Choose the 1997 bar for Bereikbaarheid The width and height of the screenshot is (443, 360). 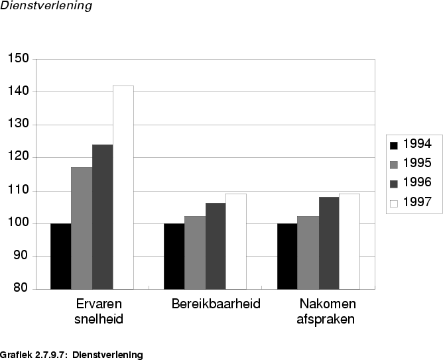(x=236, y=241)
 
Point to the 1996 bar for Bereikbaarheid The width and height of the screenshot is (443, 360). (x=216, y=245)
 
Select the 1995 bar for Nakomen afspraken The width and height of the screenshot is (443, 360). (x=308, y=253)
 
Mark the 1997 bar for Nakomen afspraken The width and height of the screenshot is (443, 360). (x=349, y=241)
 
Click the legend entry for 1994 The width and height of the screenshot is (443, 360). (x=411, y=144)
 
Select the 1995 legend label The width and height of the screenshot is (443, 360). (x=418, y=163)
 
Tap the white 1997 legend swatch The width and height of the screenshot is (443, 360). (x=394, y=203)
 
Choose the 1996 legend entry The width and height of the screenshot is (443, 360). (x=411, y=183)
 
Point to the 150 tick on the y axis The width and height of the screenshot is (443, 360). (x=19, y=59)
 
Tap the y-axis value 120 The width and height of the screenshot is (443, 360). (x=19, y=157)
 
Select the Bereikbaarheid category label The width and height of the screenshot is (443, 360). (x=216, y=304)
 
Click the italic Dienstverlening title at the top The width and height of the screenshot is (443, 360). (x=46, y=6)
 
